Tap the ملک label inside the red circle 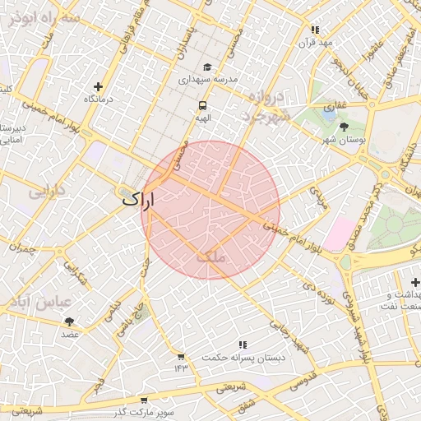[210, 257]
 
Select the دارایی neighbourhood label [47, 193]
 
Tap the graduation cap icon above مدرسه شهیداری [207, 67]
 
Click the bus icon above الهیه [202, 105]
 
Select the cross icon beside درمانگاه [99, 86]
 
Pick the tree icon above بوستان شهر [344, 127]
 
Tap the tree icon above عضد [69, 322]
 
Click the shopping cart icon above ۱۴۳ [180, 356]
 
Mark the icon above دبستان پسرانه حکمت [242, 345]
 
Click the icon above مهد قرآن [315, 30]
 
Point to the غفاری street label [335, 105]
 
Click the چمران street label [24, 248]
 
